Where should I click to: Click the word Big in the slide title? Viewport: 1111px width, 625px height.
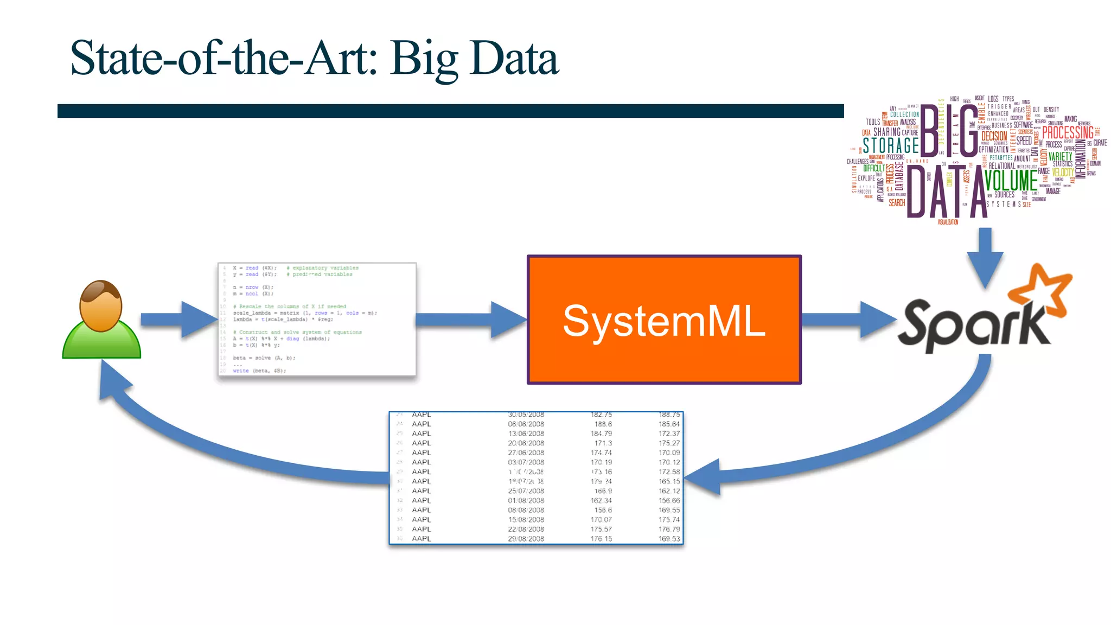click(x=424, y=59)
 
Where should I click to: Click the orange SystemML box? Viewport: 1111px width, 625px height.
click(x=664, y=320)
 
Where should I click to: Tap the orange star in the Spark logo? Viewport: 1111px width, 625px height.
click(x=1040, y=290)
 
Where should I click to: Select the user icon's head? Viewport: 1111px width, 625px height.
click(x=101, y=305)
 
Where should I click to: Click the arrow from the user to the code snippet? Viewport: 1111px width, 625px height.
click(x=179, y=320)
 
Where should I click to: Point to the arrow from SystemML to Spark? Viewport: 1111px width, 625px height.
click(x=848, y=320)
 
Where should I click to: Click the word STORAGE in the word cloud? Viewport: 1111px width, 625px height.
click(x=891, y=145)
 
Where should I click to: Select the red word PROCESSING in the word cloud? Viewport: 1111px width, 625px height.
click(x=1068, y=132)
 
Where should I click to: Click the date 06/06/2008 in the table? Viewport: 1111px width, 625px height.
click(x=526, y=424)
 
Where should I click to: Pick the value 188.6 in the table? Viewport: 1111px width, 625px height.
click(x=603, y=424)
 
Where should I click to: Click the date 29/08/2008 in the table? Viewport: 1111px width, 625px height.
click(x=526, y=539)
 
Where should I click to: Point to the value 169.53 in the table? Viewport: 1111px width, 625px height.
click(x=669, y=539)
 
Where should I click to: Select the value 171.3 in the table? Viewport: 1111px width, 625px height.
click(x=603, y=443)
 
